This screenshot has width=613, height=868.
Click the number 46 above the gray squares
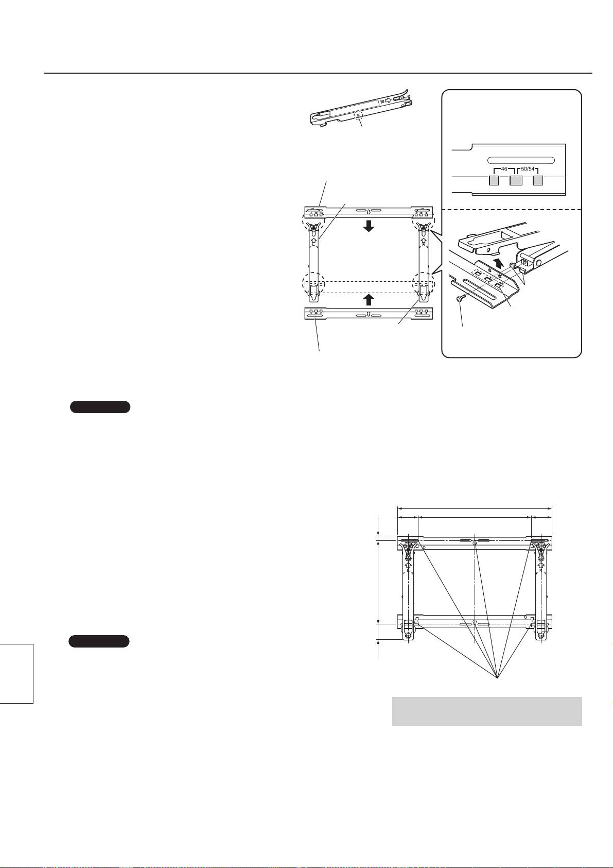click(504, 169)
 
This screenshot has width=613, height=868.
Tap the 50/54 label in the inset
click(528, 169)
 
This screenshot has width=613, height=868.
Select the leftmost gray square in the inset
click(494, 180)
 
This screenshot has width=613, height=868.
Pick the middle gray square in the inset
click(516, 180)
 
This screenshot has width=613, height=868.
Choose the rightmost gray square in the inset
click(537, 180)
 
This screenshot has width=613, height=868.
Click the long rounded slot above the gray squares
click(521, 160)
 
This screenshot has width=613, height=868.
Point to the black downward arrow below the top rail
click(369, 226)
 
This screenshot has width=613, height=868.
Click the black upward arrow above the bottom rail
click(369, 299)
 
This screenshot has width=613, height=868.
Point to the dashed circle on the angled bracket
click(359, 115)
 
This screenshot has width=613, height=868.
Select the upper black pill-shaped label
click(100, 407)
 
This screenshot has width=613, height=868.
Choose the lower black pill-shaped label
click(99, 641)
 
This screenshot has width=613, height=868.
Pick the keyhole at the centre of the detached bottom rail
click(369, 314)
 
